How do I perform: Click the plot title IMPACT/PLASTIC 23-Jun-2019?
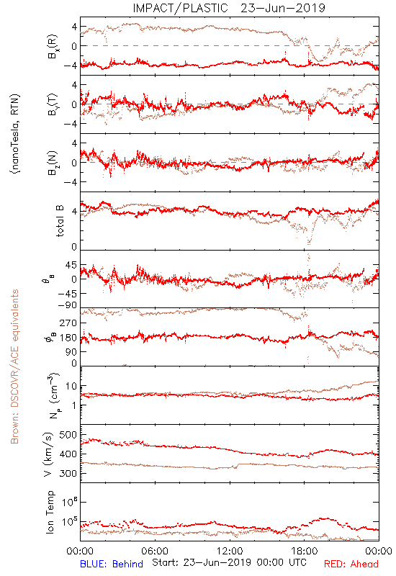(x=229, y=8)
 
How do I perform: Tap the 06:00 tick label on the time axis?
(x=155, y=551)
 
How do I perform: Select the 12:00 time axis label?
(x=230, y=551)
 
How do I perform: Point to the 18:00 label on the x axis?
(x=305, y=551)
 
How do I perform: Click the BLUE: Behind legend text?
(x=112, y=564)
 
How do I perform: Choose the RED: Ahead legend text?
(x=351, y=564)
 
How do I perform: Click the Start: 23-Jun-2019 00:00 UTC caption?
(x=229, y=562)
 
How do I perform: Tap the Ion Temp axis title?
(x=50, y=512)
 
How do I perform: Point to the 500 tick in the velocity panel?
(x=68, y=435)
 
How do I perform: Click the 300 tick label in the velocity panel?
(x=68, y=473)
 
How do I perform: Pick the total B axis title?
(x=60, y=221)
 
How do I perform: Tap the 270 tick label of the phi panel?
(x=68, y=323)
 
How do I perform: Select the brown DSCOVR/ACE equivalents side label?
(x=14, y=366)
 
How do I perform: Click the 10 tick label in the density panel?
(x=71, y=386)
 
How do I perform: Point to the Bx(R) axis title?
(x=53, y=46)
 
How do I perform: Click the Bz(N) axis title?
(x=53, y=163)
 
